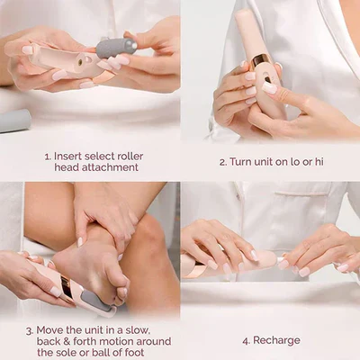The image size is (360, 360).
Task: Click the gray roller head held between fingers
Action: click(116, 48)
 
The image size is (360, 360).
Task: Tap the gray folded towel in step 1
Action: click(13, 121)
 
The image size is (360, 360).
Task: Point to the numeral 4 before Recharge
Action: click(245, 341)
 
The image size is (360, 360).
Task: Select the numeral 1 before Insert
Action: click(48, 156)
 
